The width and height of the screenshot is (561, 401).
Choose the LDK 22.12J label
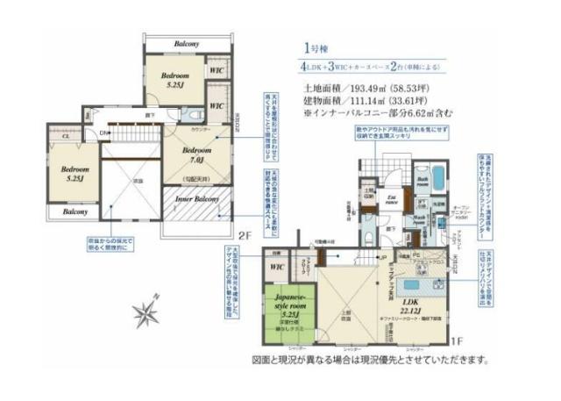[x=410, y=306]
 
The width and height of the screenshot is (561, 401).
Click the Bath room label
[x=423, y=180]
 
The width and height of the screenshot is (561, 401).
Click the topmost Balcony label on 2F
[x=186, y=44]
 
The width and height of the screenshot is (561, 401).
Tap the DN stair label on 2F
[x=103, y=133]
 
